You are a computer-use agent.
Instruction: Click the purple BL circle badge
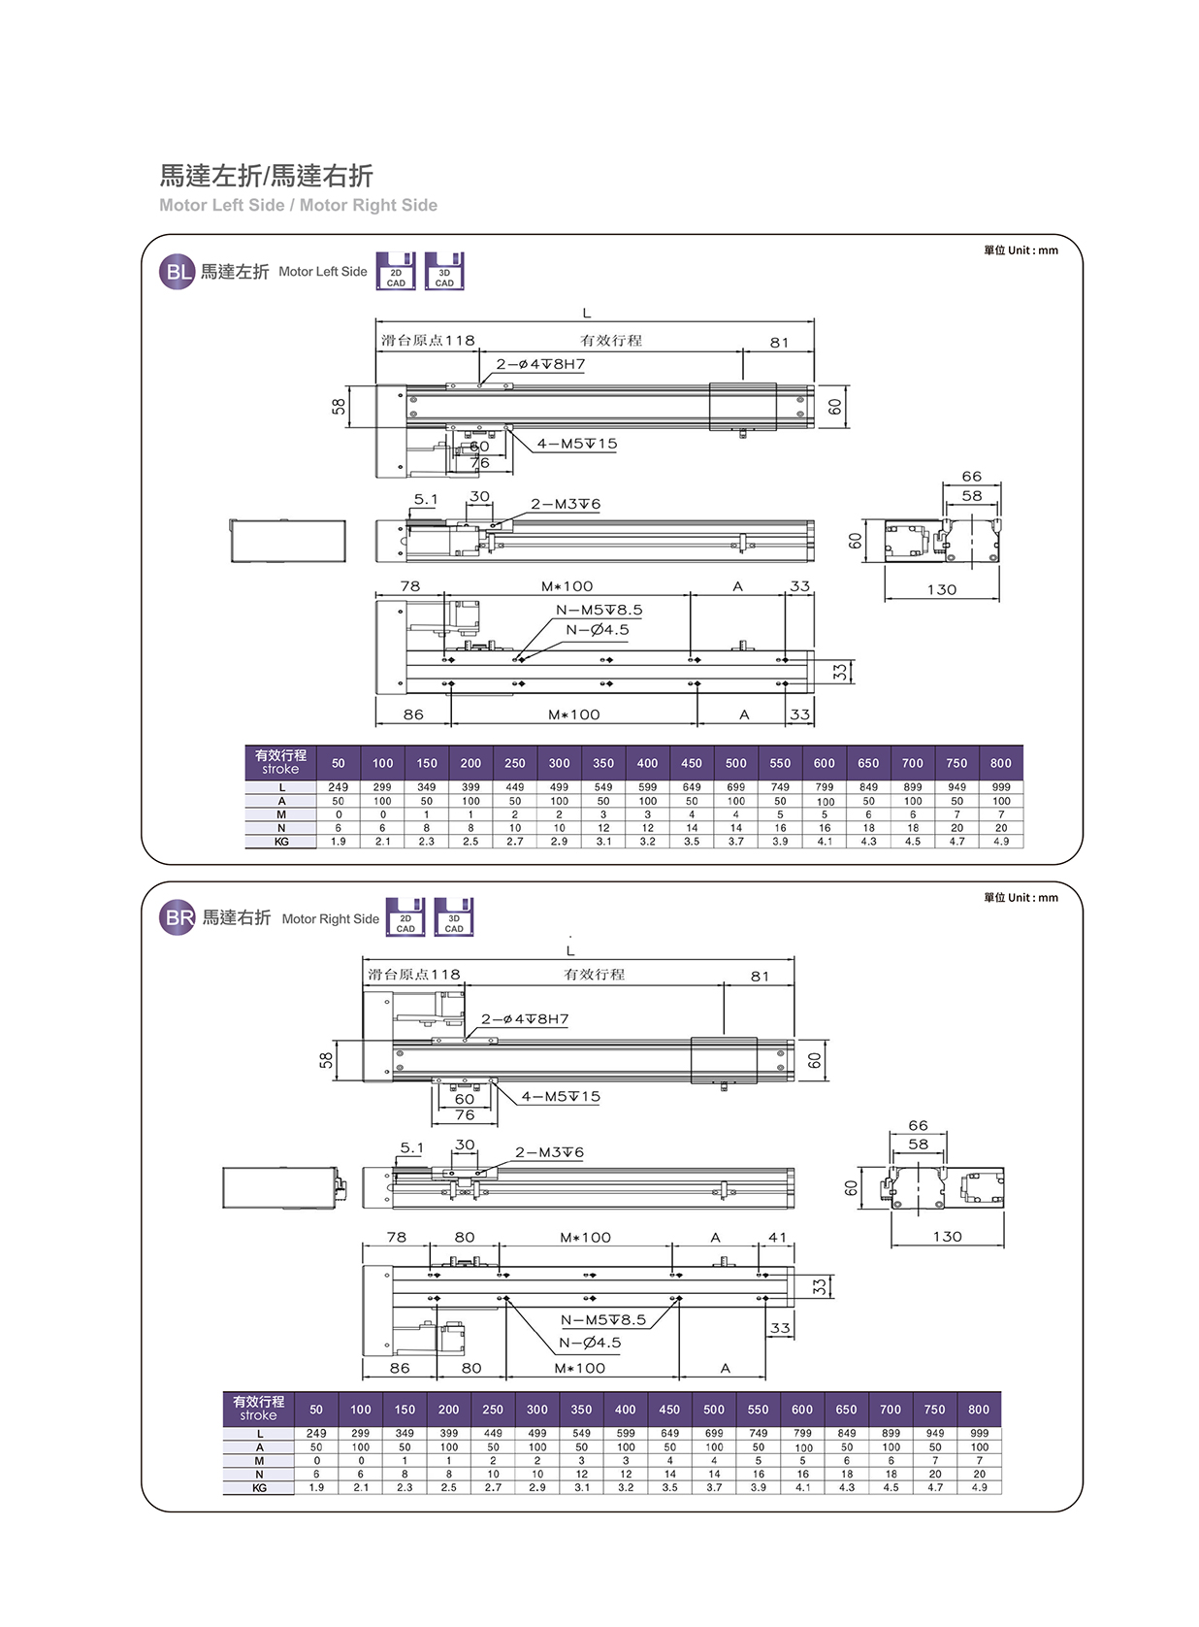pos(178,272)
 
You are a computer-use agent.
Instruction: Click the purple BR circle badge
pos(178,917)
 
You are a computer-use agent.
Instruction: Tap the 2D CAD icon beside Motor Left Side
pos(396,272)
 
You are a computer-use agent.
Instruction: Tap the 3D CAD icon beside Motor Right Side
pos(453,917)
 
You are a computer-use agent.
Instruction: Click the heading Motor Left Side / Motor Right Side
pos(298,206)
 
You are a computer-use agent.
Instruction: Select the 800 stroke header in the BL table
pos(1000,763)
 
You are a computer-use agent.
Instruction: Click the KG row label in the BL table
pos(281,842)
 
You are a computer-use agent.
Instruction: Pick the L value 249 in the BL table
pos(338,787)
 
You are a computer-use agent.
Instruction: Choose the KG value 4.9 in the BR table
pos(979,1487)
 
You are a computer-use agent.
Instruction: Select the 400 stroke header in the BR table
pos(625,1410)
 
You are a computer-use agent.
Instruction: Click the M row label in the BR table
pos(259,1460)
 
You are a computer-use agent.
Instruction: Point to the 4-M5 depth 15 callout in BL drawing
pos(577,444)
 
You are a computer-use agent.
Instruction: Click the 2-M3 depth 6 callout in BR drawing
pos(549,1152)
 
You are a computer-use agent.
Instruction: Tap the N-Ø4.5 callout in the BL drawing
pos(598,630)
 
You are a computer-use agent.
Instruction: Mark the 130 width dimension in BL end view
pos(941,589)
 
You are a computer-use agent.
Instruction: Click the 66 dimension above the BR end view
pos(918,1125)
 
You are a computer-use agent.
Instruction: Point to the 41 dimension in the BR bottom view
pos(777,1238)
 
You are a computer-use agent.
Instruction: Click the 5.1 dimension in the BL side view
pos(426,499)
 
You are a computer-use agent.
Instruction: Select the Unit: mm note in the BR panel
pos(1021,898)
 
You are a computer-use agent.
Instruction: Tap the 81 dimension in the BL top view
pos(779,343)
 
